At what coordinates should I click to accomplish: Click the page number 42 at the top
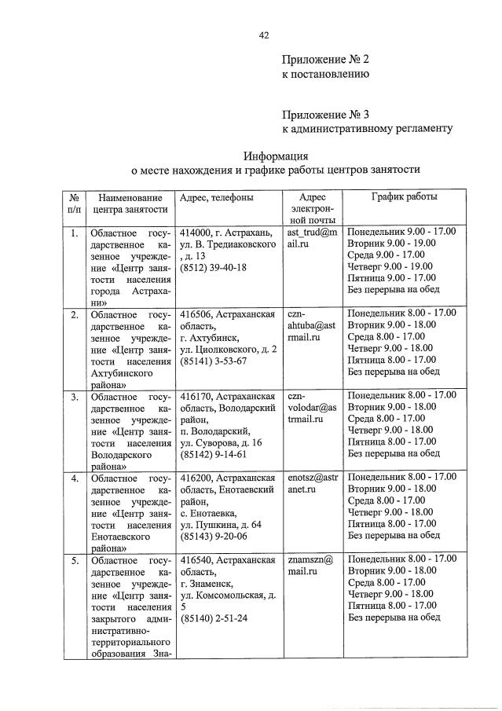pos(264,35)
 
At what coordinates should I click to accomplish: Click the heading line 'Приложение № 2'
pos(325,60)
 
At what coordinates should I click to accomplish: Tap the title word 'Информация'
pos(275,156)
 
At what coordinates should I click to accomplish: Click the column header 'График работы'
pos(404,197)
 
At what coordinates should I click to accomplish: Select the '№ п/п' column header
pos(73,203)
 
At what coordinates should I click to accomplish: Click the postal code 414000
pos(195,233)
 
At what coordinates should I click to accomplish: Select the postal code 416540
pos(195,560)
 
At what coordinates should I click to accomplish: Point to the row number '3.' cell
pos(74,397)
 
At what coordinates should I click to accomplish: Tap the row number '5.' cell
pos(74,560)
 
